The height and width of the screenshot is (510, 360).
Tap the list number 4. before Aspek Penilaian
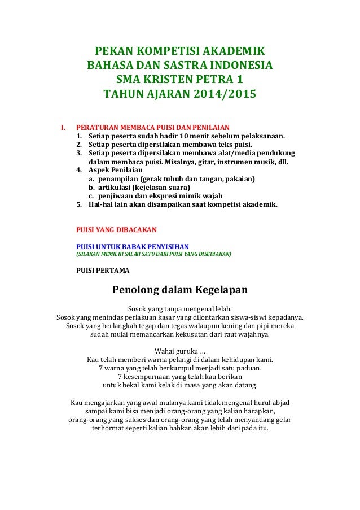tap(79, 170)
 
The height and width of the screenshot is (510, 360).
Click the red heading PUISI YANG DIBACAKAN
tap(116, 229)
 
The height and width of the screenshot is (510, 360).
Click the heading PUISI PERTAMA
tap(102, 271)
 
